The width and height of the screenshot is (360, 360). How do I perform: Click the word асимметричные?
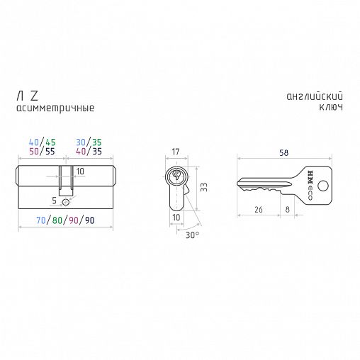point(55,108)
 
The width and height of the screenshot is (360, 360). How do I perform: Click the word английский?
point(315,96)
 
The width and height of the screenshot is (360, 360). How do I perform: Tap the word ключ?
point(331,108)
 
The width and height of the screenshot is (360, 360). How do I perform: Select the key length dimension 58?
point(283,153)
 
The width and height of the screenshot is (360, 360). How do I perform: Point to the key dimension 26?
point(258,209)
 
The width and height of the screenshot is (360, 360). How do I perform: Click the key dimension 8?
point(287,209)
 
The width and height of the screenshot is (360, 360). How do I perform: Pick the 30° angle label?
point(192,235)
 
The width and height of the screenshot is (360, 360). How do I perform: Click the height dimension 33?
point(203,187)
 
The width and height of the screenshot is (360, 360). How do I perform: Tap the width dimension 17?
point(176,152)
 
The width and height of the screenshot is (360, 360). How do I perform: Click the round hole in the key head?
point(323,186)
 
